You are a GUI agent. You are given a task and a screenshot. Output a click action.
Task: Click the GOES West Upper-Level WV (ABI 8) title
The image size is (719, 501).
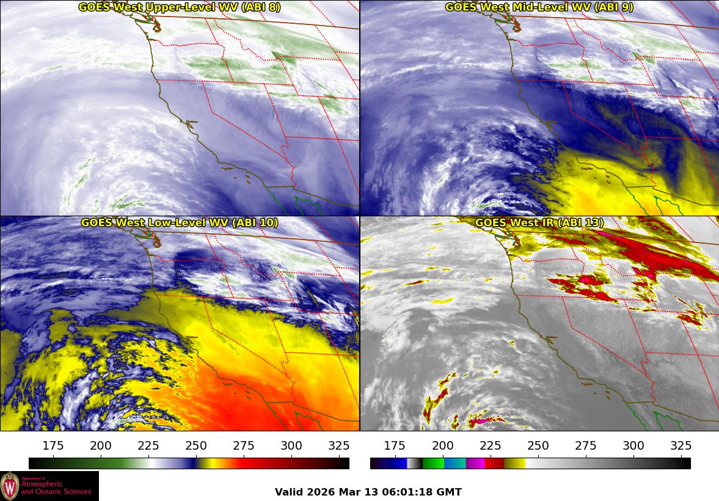tap(179, 7)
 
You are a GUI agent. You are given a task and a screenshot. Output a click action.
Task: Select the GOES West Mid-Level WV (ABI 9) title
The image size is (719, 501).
tap(539, 7)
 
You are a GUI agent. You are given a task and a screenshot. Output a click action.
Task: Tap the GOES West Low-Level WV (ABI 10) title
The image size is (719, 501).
tap(179, 223)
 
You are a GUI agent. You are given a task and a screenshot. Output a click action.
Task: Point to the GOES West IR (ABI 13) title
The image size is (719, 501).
tap(539, 223)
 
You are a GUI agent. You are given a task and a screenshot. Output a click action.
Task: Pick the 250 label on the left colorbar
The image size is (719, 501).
tap(196, 445)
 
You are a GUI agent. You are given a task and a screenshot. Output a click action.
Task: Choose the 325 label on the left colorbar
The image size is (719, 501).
tap(339, 445)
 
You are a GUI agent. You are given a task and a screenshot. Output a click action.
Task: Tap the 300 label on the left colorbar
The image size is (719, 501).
tap(291, 445)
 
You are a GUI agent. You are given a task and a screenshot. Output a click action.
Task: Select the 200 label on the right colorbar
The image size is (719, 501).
tap(443, 445)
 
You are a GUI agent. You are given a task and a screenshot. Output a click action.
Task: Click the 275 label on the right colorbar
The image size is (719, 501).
tap(586, 445)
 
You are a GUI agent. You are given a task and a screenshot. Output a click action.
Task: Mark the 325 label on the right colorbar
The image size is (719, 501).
tap(681, 445)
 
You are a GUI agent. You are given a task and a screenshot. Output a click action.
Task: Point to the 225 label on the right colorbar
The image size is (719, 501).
tap(491, 445)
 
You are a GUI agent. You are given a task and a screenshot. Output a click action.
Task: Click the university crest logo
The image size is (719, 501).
tap(10, 486)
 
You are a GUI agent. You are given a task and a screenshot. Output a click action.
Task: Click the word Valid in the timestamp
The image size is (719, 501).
tap(288, 492)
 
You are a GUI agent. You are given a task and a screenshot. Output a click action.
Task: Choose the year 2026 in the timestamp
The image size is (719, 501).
tap(321, 492)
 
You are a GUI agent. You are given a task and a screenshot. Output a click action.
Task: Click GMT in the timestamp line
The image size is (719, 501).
tap(451, 492)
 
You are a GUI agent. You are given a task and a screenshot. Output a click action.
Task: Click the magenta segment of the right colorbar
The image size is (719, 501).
tap(475, 463)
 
